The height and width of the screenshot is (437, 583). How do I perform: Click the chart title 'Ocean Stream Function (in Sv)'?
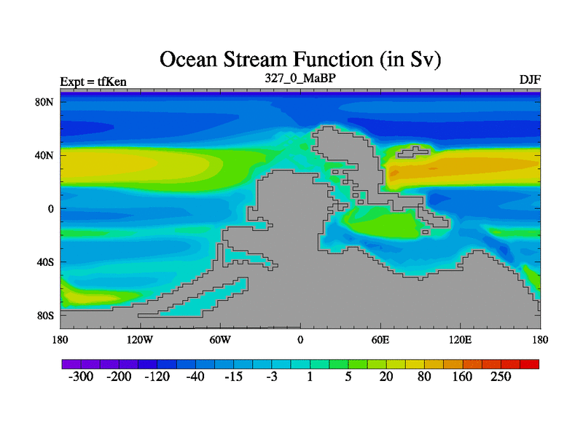click(300, 60)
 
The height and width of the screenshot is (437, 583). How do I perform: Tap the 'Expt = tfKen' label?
click(93, 82)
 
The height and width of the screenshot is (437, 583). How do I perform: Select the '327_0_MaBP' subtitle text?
click(300, 78)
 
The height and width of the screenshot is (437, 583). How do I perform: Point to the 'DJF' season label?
click(530, 79)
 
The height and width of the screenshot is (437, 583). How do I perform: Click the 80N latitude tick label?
click(44, 102)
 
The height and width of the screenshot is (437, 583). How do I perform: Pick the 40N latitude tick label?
click(44, 155)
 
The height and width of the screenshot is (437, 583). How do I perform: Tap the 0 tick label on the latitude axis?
click(50, 209)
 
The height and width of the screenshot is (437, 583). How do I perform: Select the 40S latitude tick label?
click(45, 262)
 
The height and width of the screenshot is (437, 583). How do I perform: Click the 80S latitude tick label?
click(45, 315)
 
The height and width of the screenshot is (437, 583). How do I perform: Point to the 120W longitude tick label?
click(140, 339)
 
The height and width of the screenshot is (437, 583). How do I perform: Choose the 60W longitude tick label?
click(220, 339)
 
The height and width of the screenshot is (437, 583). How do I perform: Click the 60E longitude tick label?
click(380, 339)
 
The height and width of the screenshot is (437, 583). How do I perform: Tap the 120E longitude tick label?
click(461, 339)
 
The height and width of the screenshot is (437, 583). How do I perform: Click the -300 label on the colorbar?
click(81, 377)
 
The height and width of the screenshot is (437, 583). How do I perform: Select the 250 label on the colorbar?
click(501, 377)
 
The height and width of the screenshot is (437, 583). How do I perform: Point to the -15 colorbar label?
click(233, 377)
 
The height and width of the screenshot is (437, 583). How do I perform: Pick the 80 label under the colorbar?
click(424, 377)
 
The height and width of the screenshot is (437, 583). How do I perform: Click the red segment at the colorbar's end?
click(530, 364)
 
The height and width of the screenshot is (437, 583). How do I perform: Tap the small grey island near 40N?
click(412, 151)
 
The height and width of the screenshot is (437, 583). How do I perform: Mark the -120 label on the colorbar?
click(157, 377)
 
